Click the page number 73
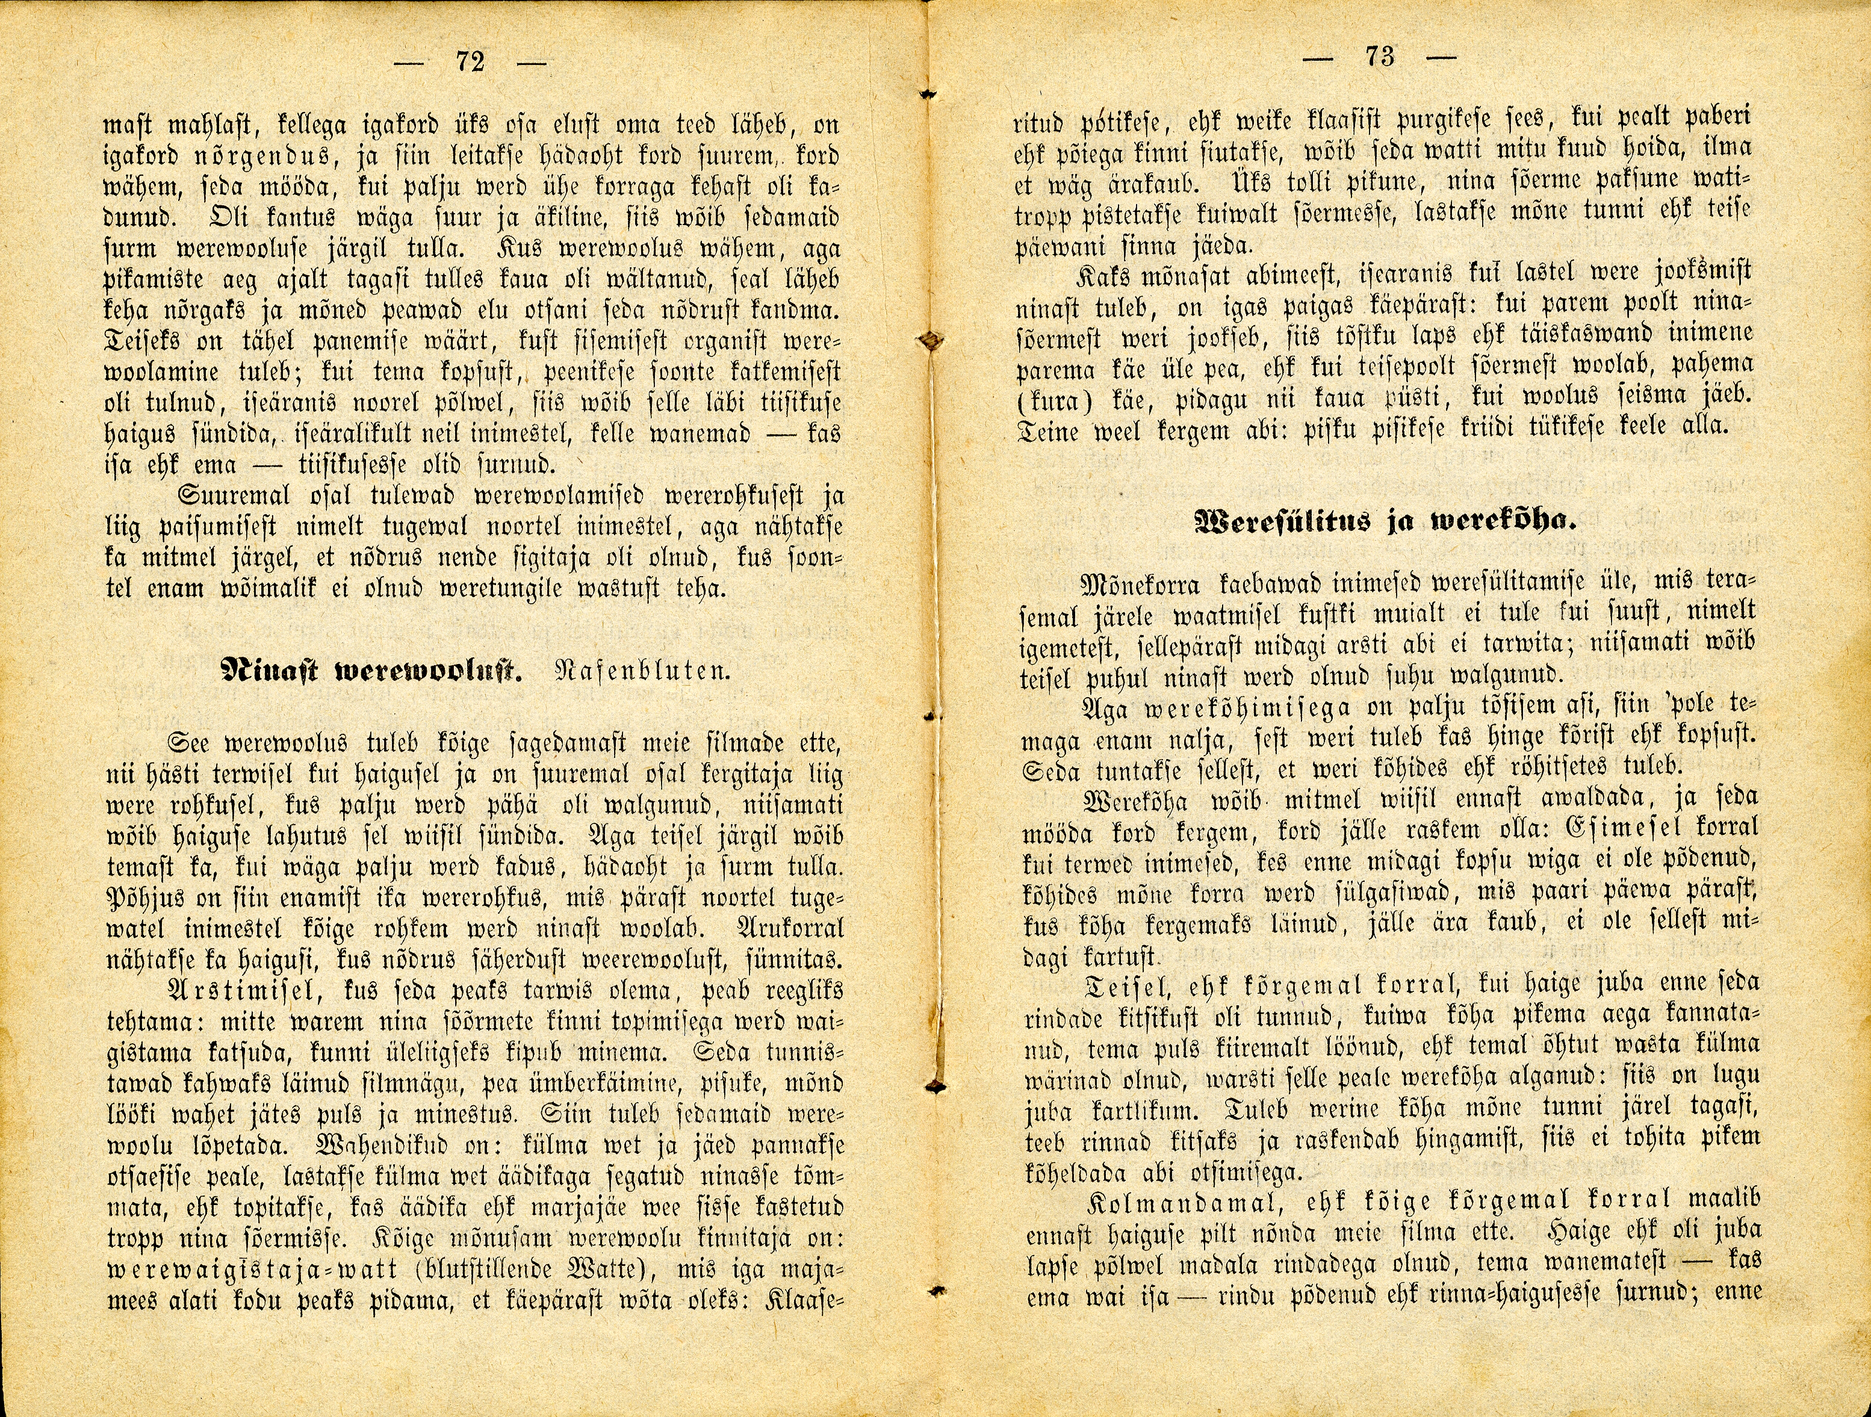pos(1380,58)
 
